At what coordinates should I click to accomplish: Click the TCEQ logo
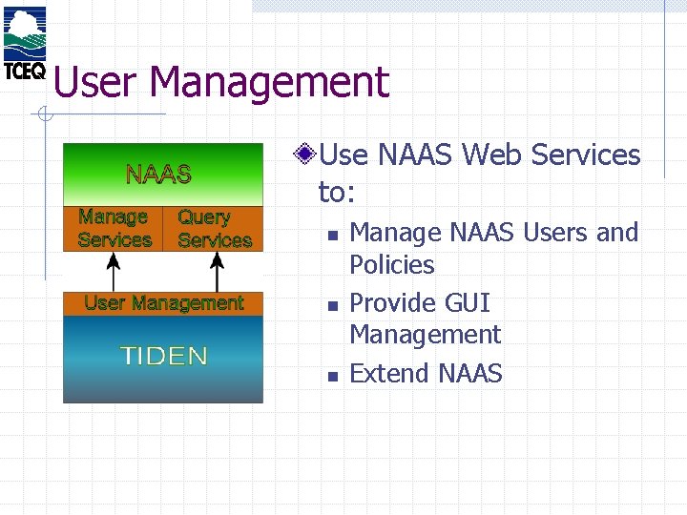[25, 43]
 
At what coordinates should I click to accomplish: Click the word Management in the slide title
[270, 82]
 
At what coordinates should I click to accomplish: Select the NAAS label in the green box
[159, 174]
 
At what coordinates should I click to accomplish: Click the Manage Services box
[114, 229]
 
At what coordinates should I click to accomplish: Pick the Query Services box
[214, 229]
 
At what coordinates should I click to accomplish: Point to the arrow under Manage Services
[114, 271]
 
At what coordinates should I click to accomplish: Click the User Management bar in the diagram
[163, 303]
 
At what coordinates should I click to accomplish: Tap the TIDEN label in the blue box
[163, 357]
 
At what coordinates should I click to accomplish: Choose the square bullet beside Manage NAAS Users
[330, 235]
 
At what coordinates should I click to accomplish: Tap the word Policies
[391, 264]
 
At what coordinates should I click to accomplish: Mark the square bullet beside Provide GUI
[330, 305]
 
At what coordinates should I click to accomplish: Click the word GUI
[468, 302]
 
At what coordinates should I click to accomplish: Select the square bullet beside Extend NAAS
[330, 376]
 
